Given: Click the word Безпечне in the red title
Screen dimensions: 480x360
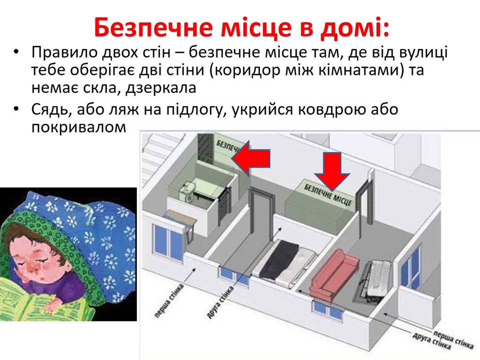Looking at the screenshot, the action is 153,27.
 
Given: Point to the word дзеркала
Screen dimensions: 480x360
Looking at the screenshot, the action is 161,88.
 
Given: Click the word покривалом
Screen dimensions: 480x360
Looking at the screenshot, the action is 78,126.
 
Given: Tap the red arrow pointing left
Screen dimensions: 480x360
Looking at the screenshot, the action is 250,158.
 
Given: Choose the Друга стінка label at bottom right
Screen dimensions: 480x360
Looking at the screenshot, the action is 431,341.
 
